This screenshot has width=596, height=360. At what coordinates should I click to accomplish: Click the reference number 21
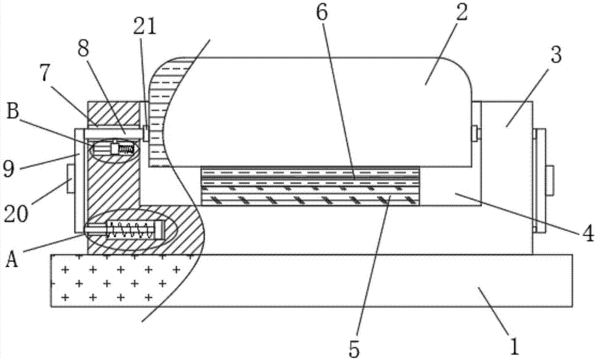pyautogui.click(x=144, y=27)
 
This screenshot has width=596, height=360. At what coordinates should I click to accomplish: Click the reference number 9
pyautogui.click(x=8, y=169)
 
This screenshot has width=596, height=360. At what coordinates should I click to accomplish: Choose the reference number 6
pyautogui.click(x=321, y=13)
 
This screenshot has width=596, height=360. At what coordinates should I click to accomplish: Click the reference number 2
pyautogui.click(x=461, y=13)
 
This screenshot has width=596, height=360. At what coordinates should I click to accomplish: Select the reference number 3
pyautogui.click(x=555, y=55)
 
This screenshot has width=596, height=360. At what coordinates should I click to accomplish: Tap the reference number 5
pyautogui.click(x=353, y=349)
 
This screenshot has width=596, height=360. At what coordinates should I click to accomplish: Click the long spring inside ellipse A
pyautogui.click(x=132, y=229)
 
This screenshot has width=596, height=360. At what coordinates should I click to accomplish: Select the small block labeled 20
pyautogui.click(x=70, y=179)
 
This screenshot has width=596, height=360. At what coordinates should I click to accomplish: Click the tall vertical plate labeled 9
pyautogui.click(x=79, y=180)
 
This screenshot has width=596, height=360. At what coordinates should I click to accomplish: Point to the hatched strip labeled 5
pyautogui.click(x=310, y=199)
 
